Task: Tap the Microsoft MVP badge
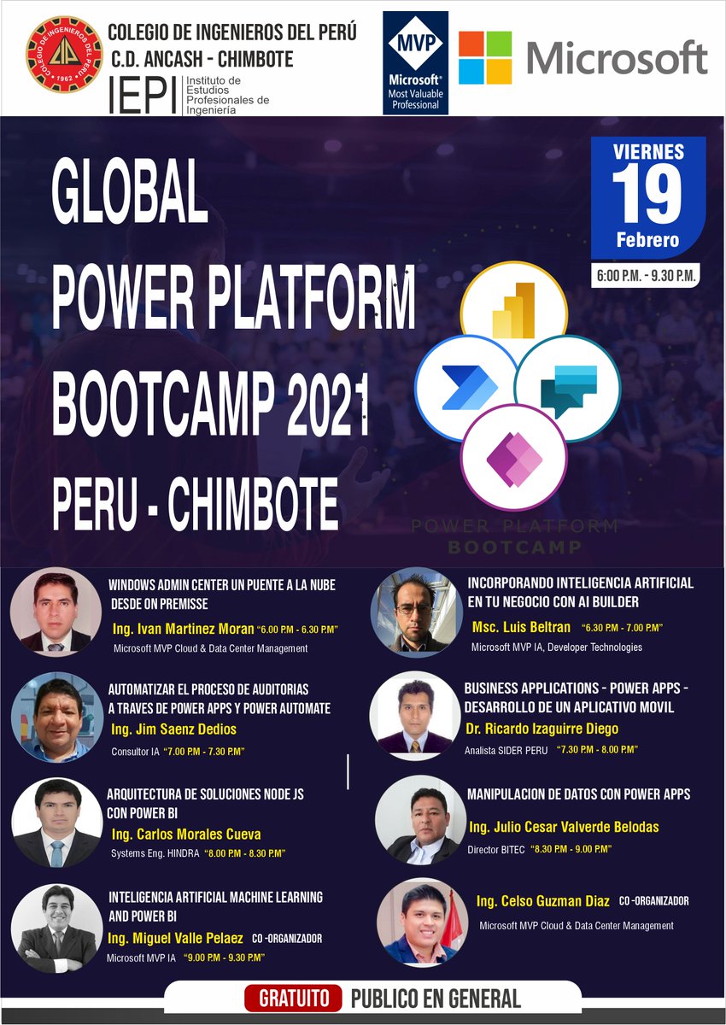pos(416,63)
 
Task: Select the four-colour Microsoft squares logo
pos(485,57)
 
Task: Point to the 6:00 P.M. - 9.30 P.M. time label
pos(647,276)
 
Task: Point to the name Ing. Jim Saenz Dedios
pos(174,729)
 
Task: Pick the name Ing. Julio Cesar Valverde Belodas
pos(564,827)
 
